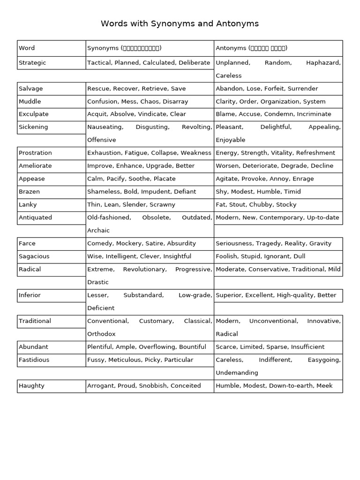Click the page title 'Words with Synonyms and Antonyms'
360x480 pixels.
pyautogui.click(x=180, y=23)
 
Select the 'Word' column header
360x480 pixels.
pyautogui.click(x=27, y=48)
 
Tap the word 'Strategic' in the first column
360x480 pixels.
pyautogui.click(x=32, y=63)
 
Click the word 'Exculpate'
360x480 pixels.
pyautogui.click(x=33, y=114)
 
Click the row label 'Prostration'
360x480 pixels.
pyautogui.click(x=35, y=153)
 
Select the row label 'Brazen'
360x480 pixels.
pyautogui.click(x=29, y=191)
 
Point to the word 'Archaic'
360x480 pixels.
pyautogui.click(x=98, y=231)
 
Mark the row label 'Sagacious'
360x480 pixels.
pyautogui.click(x=34, y=256)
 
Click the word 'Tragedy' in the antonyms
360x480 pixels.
pyautogui.click(x=270, y=243)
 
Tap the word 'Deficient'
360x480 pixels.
pyautogui.click(x=100, y=308)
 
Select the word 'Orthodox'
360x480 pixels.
pyautogui.click(x=101, y=334)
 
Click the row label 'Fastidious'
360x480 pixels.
pyautogui.click(x=34, y=360)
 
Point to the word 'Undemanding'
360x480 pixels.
pyautogui.click(x=237, y=373)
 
